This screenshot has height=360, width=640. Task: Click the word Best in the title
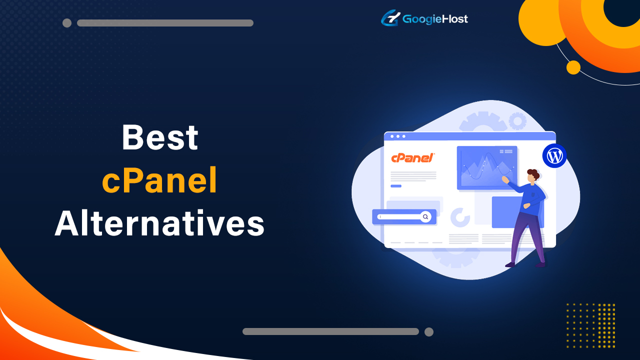[x=160, y=138]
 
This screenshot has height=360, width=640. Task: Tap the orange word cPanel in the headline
[x=160, y=181]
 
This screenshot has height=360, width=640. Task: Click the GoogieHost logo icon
[x=390, y=19]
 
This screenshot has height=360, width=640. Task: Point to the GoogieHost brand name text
[x=435, y=19]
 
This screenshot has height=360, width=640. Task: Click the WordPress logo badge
[x=554, y=156]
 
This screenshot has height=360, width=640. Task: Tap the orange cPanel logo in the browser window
[x=412, y=158]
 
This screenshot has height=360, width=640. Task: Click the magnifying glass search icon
[x=425, y=216]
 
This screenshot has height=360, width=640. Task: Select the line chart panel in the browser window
[x=480, y=167]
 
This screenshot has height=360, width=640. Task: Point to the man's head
[x=533, y=175]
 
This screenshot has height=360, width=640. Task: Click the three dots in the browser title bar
[x=397, y=136]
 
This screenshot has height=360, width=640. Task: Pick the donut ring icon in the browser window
[x=460, y=217]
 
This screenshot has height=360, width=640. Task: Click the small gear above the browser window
[x=517, y=120]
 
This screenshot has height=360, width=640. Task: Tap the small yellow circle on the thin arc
[x=573, y=67]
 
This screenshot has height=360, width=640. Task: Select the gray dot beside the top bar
[x=67, y=23]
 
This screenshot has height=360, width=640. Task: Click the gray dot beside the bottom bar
[x=428, y=331]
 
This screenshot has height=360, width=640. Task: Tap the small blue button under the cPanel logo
[x=396, y=186]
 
